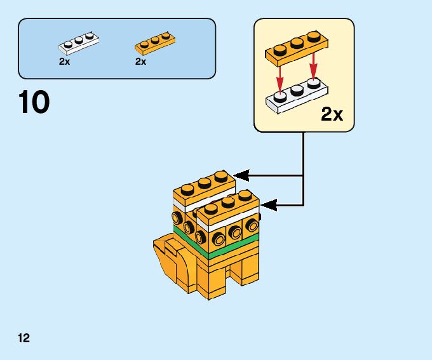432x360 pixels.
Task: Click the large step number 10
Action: point(34,103)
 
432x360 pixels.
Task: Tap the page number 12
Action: point(24,338)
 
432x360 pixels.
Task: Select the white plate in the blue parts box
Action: point(79,43)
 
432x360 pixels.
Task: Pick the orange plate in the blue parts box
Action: point(154,43)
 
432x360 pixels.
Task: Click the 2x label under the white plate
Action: point(64,62)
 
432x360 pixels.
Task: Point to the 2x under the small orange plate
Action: point(140,62)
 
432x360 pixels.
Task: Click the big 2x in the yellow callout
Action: point(332,114)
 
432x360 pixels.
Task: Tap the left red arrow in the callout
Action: point(278,79)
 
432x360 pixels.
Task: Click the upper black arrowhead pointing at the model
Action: point(240,175)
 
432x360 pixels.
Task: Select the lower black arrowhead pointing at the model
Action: point(267,205)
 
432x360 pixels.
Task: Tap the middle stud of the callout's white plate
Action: point(297,91)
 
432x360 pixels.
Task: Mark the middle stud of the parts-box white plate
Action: point(79,40)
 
